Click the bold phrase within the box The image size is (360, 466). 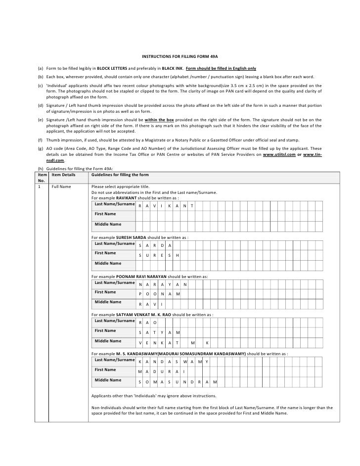pos(160,120)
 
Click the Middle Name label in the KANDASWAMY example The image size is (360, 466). pos(108,380)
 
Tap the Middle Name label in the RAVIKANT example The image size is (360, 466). pos(108,225)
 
